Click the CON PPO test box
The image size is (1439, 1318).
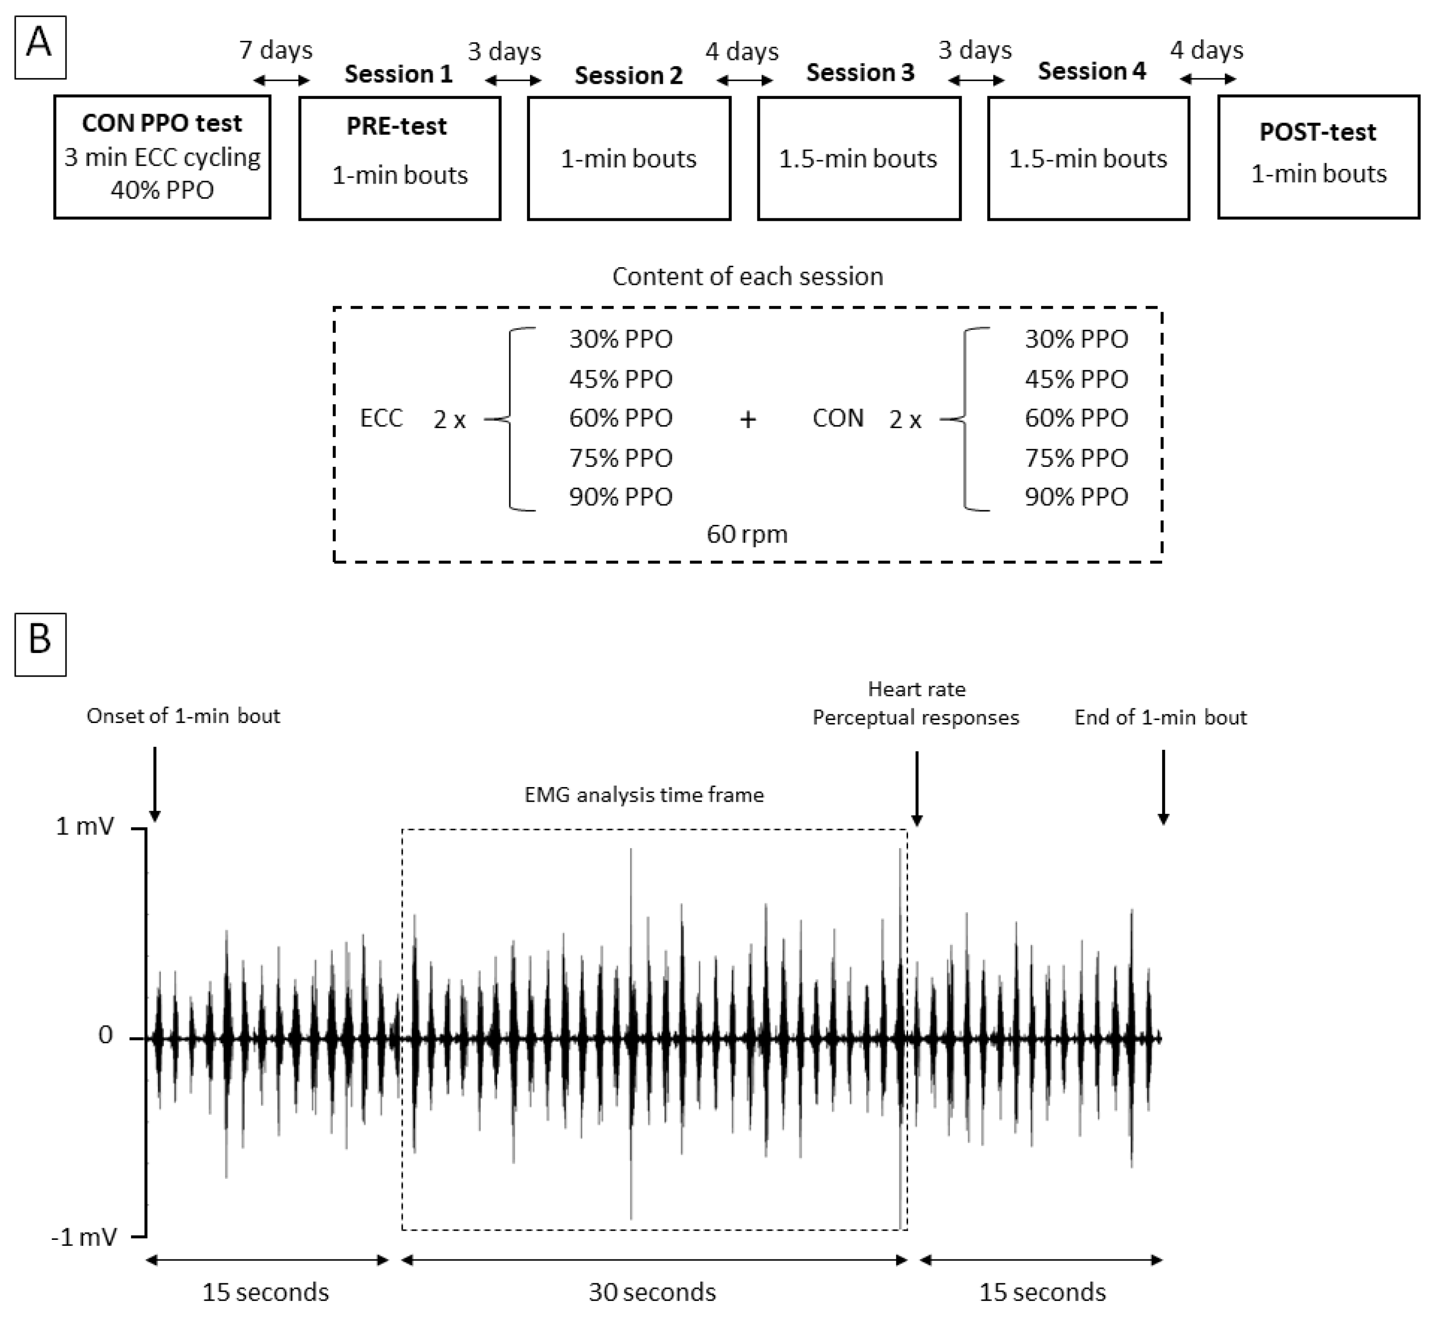pos(162,157)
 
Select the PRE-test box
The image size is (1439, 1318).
pos(400,158)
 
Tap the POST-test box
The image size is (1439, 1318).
pos(1318,157)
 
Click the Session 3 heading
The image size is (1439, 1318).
pos(860,73)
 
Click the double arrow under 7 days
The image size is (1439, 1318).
pos(281,81)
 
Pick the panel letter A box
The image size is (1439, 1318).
pos(40,47)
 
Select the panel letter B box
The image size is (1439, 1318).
pos(40,643)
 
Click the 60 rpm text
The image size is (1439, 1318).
pos(747,534)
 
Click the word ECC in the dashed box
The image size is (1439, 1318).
pos(381,418)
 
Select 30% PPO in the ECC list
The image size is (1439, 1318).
pos(620,339)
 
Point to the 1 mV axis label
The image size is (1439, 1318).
pos(84,827)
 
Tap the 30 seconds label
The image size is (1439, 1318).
pos(652,1292)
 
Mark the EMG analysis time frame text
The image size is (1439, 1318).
pos(644,795)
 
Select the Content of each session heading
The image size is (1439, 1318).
pos(747,276)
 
